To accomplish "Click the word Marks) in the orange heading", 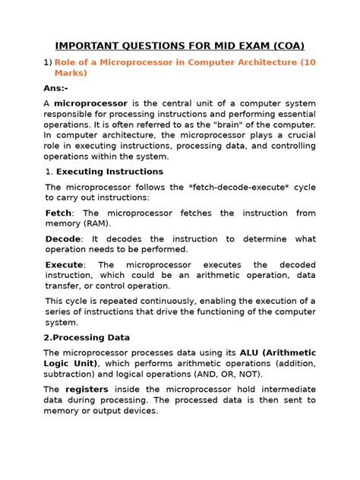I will (71, 74).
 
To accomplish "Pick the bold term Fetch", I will (60, 213).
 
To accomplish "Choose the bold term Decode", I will (64, 238).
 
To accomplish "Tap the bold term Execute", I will (65, 264).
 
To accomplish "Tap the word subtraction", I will (71, 374).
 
